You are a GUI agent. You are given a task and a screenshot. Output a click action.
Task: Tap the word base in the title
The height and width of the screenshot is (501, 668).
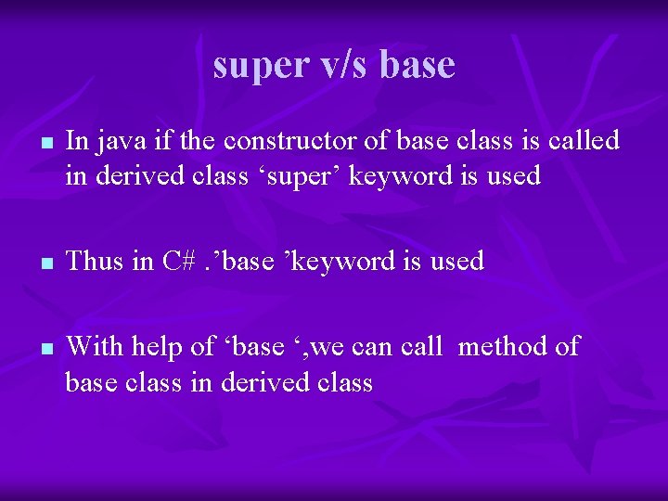417,64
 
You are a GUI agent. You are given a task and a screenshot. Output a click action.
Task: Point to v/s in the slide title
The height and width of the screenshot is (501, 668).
344,64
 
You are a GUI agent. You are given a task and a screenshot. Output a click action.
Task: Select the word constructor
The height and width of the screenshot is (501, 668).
286,141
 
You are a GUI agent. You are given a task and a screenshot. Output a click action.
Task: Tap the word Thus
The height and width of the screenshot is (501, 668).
96,261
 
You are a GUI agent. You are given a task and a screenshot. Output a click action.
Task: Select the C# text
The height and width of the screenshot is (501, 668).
177,261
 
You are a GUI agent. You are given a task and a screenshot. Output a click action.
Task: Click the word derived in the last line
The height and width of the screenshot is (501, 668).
262,381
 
